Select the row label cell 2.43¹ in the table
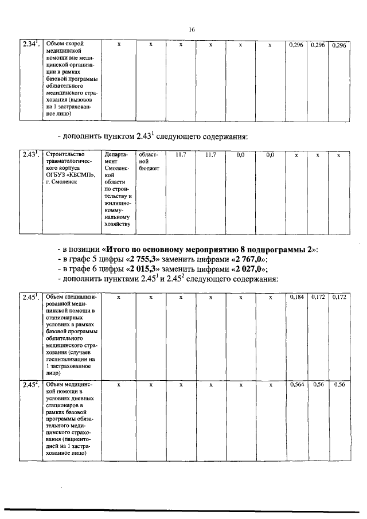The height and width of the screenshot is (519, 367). click(29, 155)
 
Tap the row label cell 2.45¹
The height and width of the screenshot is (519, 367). click(29, 297)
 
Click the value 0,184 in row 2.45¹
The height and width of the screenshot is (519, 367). click(296, 297)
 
